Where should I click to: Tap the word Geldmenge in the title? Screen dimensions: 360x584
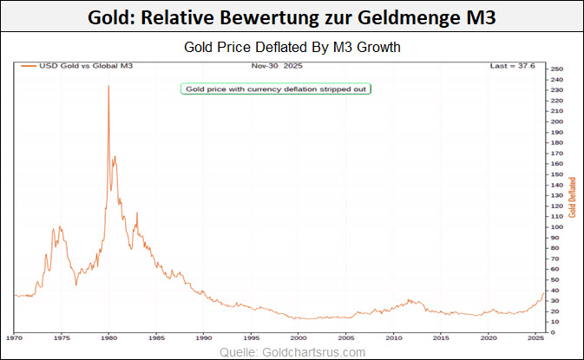point(410,16)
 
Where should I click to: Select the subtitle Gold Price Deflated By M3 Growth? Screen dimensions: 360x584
point(292,47)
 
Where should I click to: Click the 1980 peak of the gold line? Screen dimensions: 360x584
point(108,86)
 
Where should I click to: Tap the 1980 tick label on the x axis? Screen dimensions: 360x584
point(108,337)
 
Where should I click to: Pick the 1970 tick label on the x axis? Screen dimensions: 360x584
point(14,337)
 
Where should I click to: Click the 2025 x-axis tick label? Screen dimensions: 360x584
point(535,337)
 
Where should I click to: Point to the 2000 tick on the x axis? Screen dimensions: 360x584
point(299,337)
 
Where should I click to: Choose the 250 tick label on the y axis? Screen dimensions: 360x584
point(557,69)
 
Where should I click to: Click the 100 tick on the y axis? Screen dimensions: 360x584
point(557,227)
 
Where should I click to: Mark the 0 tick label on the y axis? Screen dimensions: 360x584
point(553,332)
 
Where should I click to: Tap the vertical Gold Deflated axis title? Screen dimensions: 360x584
point(573,197)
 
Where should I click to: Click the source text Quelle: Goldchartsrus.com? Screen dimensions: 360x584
point(292,351)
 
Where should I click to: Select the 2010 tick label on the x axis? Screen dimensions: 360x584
point(393,337)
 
